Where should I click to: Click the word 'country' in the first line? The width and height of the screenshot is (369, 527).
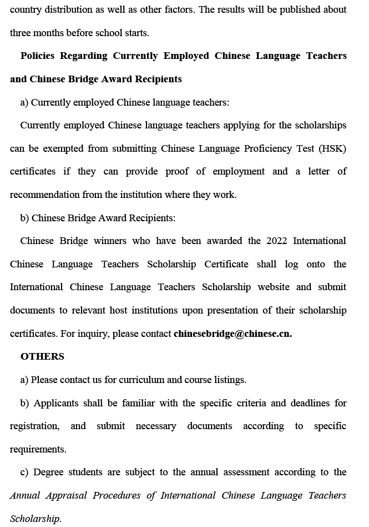pos(26,9)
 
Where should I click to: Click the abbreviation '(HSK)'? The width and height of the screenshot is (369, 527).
pos(332,148)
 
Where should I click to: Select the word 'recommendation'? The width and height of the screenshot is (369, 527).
pos(45,195)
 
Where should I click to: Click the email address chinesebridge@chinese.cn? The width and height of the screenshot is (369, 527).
pos(232,334)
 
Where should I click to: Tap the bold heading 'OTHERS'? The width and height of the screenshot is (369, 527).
pos(42,356)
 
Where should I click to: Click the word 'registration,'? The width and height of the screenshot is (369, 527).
pos(34,426)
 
